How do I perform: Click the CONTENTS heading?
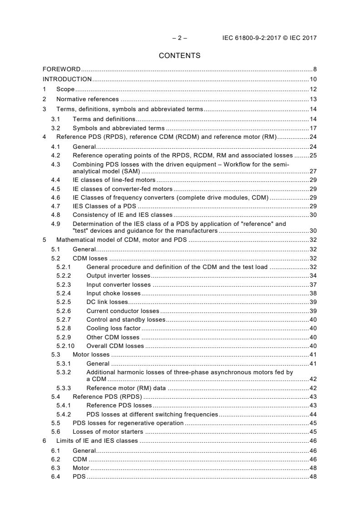179,56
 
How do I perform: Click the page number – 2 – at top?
179,38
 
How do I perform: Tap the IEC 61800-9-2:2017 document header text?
269,38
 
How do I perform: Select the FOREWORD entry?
61,69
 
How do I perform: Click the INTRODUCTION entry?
67,79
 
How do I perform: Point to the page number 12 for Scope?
313,89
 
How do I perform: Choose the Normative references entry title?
87,99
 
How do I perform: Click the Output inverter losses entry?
118,276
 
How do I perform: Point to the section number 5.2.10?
64,346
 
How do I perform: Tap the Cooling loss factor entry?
113,328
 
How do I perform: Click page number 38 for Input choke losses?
313,294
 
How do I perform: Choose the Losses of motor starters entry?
108,432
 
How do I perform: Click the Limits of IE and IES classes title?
97,441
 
